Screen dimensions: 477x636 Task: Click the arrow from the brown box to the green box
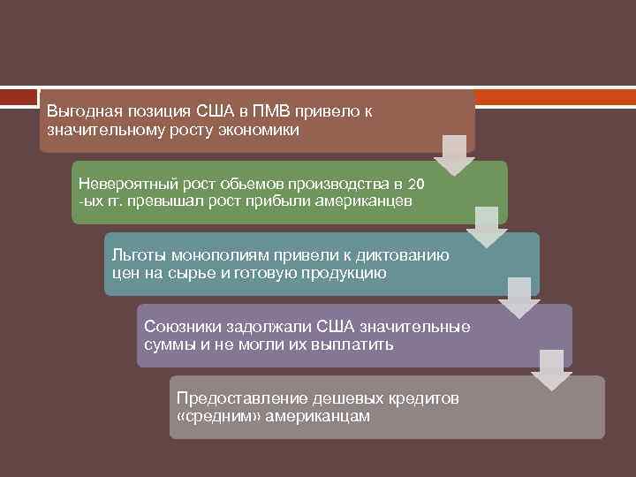pyautogui.click(x=454, y=155)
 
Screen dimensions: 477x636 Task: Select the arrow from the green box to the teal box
pyautogui.click(x=487, y=227)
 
